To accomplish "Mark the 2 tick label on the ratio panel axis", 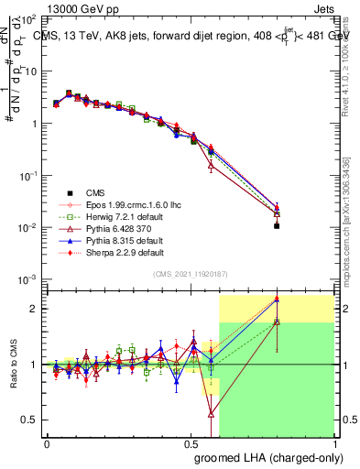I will [x=34, y=309].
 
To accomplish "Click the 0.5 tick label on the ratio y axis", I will [x=30, y=420].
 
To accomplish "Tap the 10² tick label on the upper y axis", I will [x=28, y=18].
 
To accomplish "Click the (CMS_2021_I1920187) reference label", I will [x=191, y=274].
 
